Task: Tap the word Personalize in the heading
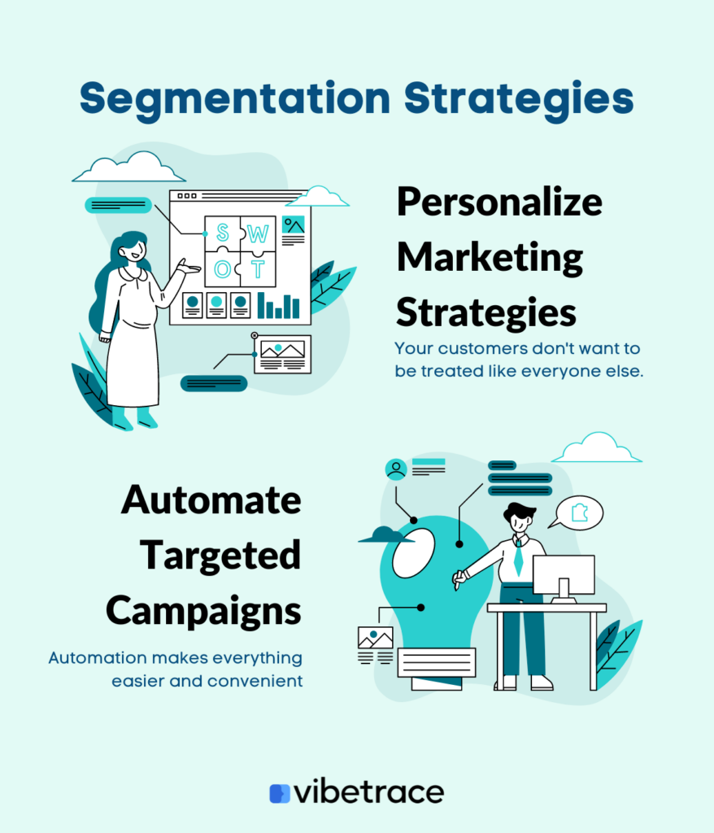point(499,203)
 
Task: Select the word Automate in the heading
point(211,500)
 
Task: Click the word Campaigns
point(203,612)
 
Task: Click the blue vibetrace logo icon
point(280,793)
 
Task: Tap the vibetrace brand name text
point(369,792)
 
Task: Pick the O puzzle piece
point(223,268)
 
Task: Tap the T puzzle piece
point(258,268)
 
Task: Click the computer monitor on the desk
point(564,578)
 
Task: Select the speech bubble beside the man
point(577,512)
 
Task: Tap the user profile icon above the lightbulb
point(396,469)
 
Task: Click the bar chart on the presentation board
point(278,306)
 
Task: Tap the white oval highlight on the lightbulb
point(413,553)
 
